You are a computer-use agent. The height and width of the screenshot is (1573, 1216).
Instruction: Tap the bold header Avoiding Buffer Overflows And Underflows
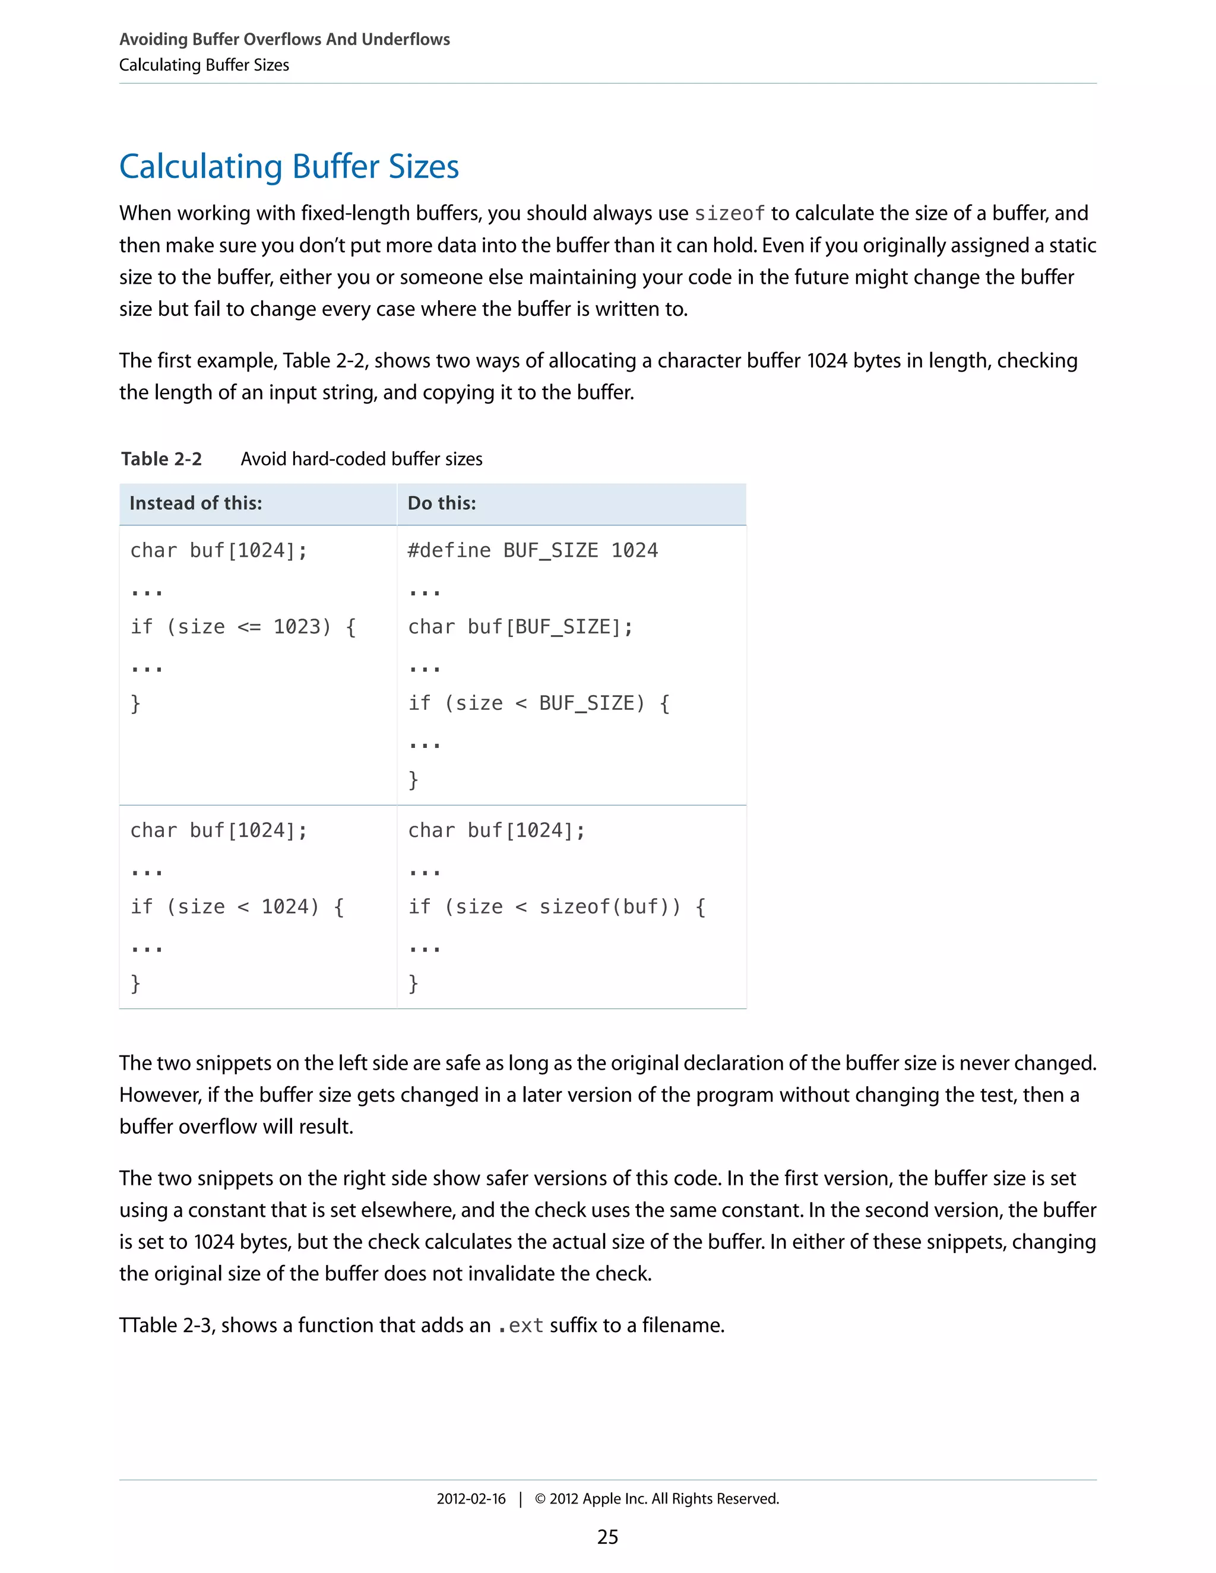click(x=284, y=40)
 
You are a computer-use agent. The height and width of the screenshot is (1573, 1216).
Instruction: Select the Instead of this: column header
click(x=195, y=503)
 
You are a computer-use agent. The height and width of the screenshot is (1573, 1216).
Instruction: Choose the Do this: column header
click(x=442, y=503)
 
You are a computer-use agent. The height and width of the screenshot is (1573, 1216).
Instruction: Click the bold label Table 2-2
click(x=161, y=459)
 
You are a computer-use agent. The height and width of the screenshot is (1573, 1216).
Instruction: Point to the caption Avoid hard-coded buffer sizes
click(x=361, y=459)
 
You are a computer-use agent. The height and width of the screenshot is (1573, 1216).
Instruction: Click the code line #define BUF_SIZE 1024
click(x=533, y=551)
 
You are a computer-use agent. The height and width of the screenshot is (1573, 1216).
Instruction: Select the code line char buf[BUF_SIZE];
click(x=520, y=627)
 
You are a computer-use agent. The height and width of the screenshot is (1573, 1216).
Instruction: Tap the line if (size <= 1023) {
click(x=243, y=627)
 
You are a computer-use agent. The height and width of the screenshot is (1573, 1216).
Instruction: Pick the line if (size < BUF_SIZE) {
click(x=539, y=703)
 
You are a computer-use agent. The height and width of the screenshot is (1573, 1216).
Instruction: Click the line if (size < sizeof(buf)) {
click(x=556, y=907)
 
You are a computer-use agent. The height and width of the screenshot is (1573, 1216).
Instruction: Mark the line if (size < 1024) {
click(x=237, y=907)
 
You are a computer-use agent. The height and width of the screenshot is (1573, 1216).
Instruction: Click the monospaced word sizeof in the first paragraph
click(x=729, y=214)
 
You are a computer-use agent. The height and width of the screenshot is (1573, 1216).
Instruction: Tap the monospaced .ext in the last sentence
click(x=520, y=1326)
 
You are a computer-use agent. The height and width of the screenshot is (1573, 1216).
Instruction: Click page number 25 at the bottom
click(x=607, y=1537)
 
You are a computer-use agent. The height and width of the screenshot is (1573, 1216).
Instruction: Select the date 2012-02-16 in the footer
click(x=471, y=1499)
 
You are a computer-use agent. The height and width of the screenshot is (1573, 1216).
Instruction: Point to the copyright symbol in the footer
click(x=540, y=1499)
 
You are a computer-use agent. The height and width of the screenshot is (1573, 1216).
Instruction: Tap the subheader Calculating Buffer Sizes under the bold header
click(x=204, y=65)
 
